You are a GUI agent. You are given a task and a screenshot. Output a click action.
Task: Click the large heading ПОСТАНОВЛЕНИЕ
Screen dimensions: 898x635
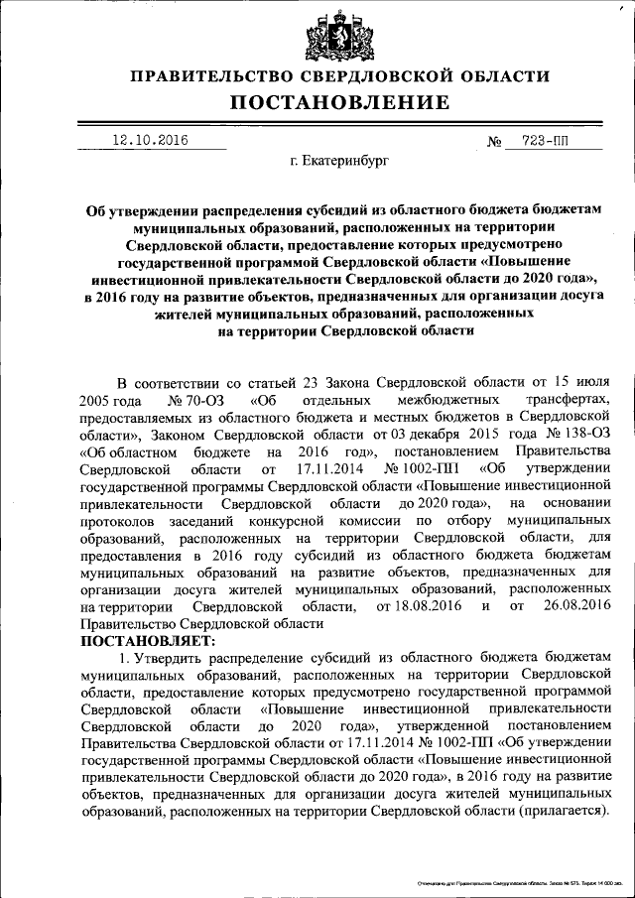[x=340, y=102]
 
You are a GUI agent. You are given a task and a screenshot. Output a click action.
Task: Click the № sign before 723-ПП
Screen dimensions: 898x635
[x=494, y=142]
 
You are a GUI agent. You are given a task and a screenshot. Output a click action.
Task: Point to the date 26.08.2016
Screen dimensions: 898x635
[x=570, y=606]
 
